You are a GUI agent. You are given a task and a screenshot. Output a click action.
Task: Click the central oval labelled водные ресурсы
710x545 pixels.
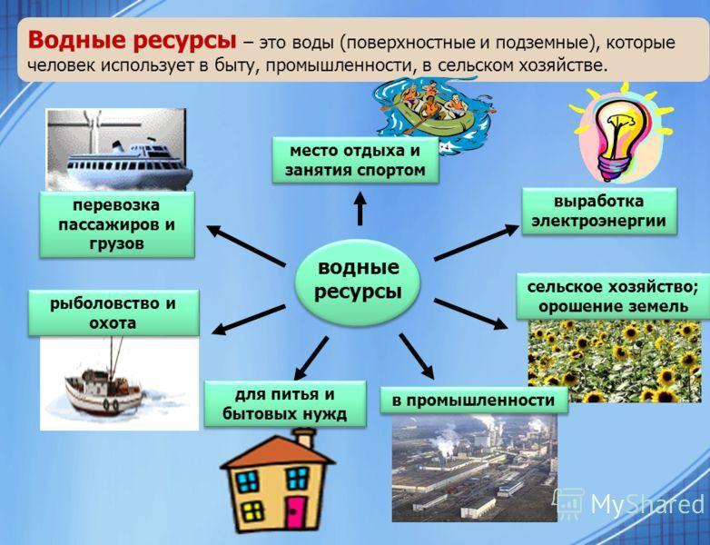[x=358, y=280]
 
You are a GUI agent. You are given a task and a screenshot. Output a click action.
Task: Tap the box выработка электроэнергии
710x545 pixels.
[x=598, y=211]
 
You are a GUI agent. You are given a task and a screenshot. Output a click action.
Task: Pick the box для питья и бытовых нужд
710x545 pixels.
[x=284, y=404]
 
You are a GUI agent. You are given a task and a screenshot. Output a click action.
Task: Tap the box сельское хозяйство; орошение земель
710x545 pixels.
[x=614, y=296]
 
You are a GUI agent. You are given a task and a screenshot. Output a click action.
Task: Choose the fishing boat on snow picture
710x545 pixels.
[x=118, y=381]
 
